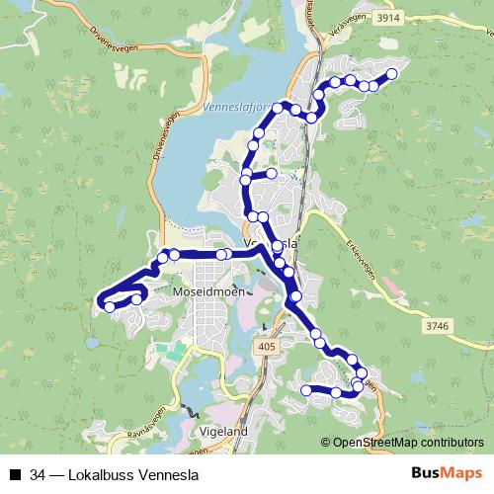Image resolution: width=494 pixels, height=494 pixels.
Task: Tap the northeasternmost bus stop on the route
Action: click(x=391, y=74)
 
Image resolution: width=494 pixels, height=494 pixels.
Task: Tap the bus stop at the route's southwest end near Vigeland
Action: click(x=305, y=391)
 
